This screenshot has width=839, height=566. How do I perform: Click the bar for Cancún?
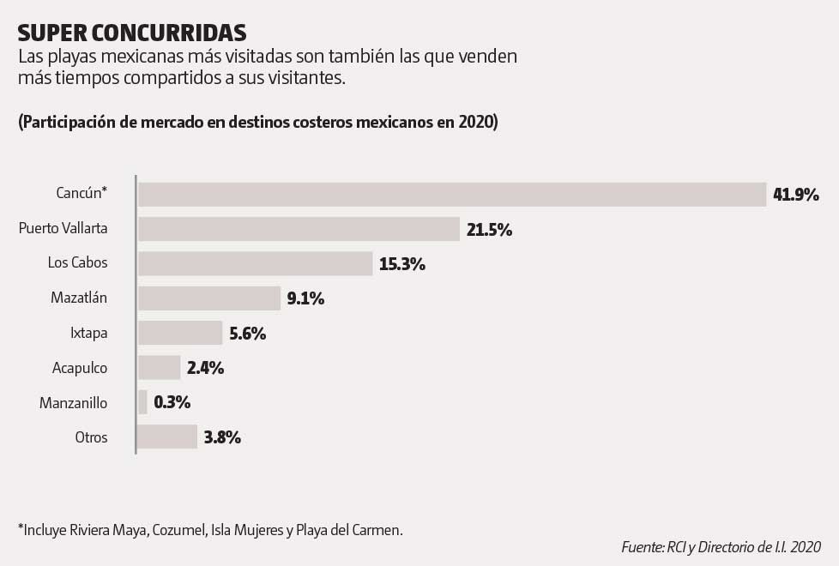pos(451,195)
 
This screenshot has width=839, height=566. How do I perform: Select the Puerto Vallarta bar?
pos(299,229)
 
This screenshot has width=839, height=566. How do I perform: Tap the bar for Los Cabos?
pos(255,263)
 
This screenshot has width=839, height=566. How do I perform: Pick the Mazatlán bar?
pos(208,298)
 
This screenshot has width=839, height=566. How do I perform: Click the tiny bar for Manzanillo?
pos(142,402)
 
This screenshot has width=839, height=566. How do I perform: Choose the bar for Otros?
pos(166,437)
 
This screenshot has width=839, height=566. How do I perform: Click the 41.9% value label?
pos(795,195)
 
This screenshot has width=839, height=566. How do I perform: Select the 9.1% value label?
pos(305,298)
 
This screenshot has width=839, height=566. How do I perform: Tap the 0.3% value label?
pos(172,402)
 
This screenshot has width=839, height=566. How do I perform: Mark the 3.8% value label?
pos(222,437)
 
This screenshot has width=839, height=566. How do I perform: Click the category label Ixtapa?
pos(88,333)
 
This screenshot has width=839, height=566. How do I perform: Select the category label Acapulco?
pos(80,368)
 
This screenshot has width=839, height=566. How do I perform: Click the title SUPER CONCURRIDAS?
pos(132,32)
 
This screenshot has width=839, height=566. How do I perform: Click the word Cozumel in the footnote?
pos(178,529)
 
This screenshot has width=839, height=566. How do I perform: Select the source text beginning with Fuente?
pos(721,546)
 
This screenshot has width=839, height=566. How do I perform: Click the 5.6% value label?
pos(248,333)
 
